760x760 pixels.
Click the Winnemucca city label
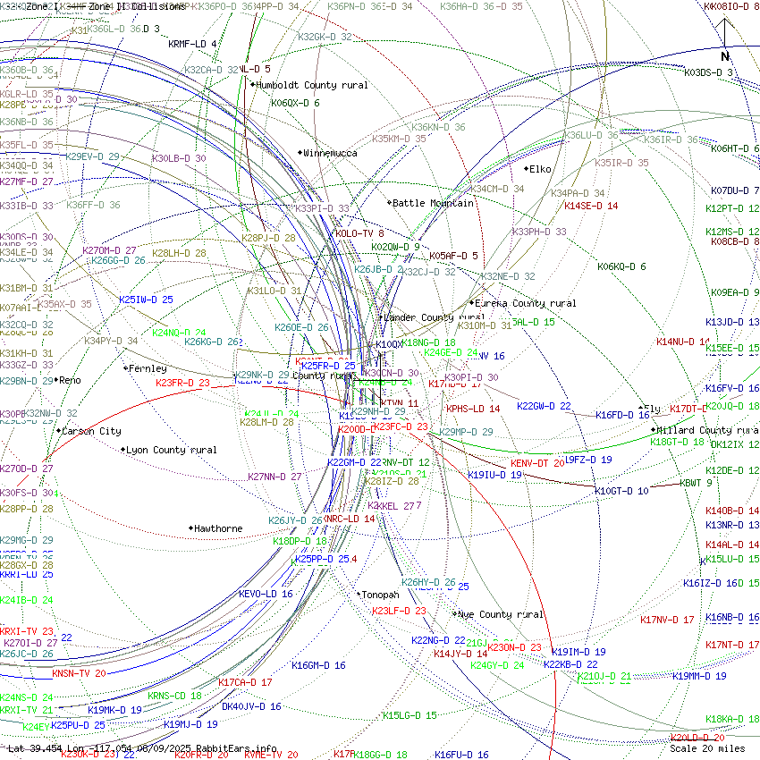[330, 153]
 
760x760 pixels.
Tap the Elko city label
[540, 169]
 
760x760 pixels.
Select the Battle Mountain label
[433, 203]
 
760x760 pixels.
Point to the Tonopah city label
[380, 595]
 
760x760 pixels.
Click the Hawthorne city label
[218, 528]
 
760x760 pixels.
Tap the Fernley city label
[148, 368]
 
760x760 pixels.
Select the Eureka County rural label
[526, 304]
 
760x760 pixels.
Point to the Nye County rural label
[501, 614]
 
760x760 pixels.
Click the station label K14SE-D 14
[591, 206]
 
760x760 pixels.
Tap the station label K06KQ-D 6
[621, 266]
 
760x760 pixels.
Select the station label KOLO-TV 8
[359, 233]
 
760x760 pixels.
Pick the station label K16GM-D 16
[318, 665]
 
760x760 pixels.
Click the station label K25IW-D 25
[146, 300]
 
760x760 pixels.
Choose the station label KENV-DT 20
[537, 463]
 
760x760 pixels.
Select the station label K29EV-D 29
[93, 156]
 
